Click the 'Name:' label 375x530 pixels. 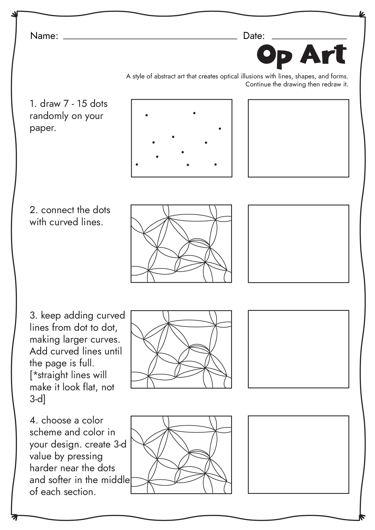[x=44, y=36]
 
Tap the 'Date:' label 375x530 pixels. [x=254, y=36]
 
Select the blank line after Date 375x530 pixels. [x=309, y=38]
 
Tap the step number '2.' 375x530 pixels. [x=34, y=210]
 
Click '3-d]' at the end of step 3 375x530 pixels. [x=37, y=399]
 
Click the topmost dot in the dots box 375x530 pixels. [x=194, y=113]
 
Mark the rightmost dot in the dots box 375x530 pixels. [x=220, y=129]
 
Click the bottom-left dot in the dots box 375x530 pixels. [x=137, y=165]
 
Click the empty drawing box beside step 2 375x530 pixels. [x=298, y=243]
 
